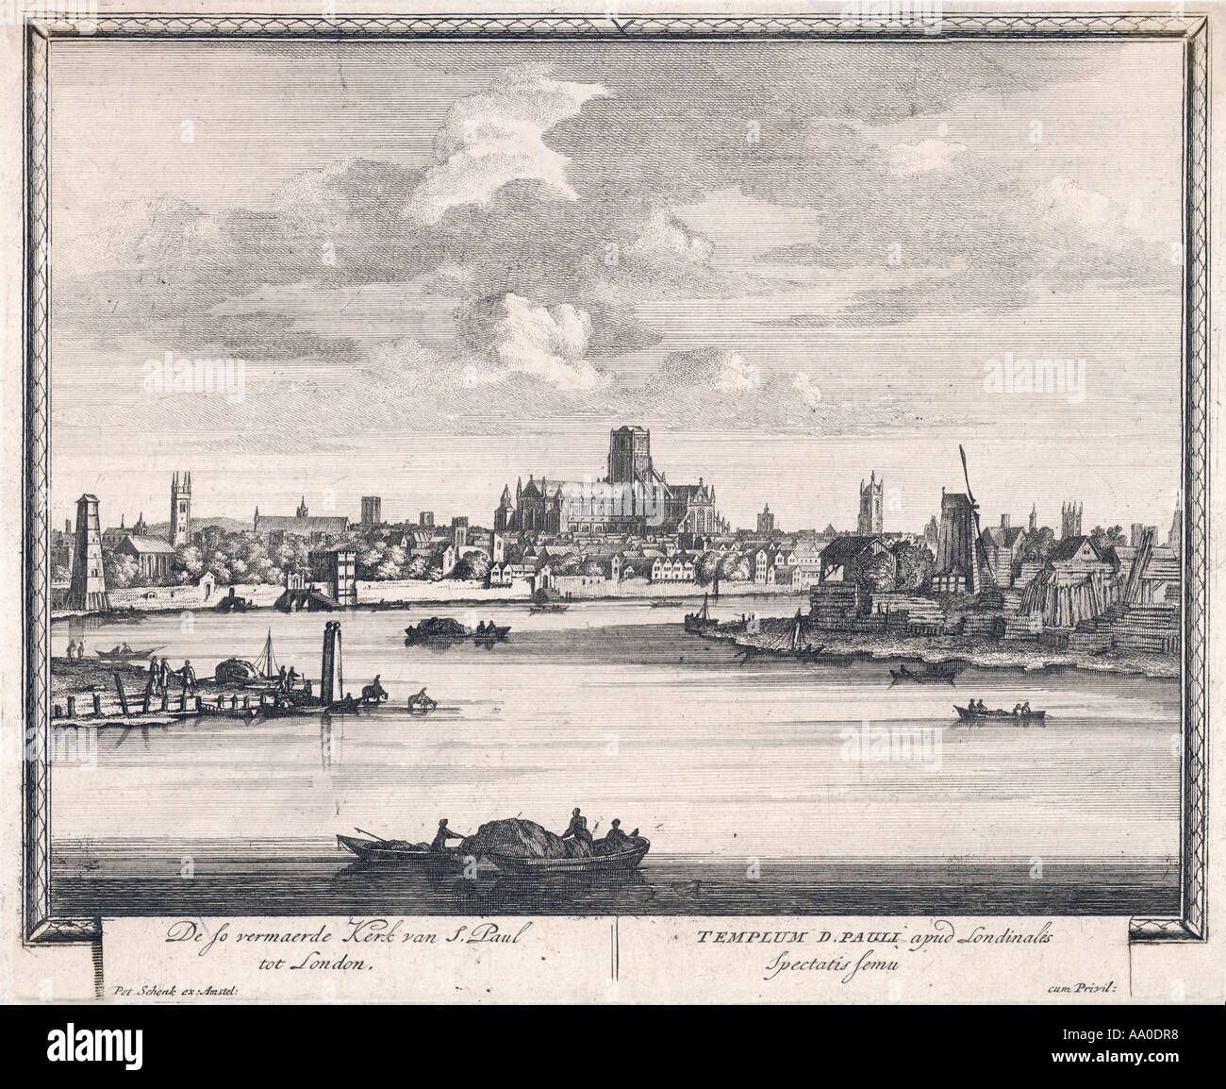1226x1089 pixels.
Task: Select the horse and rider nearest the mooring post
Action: pos(373,694)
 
